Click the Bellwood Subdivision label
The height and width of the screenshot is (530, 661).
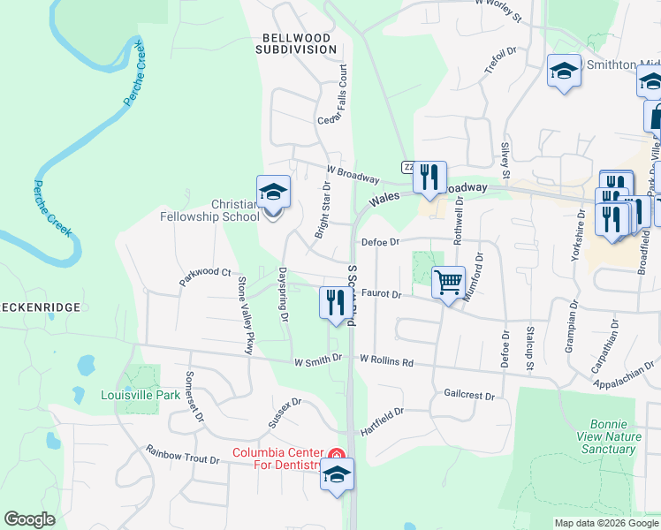coord(296,44)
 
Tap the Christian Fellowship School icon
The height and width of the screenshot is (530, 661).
coord(273,193)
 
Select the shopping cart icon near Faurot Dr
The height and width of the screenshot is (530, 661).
coord(449,284)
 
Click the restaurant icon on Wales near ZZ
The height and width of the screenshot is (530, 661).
coord(429,178)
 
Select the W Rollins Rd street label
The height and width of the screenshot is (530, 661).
coord(387,360)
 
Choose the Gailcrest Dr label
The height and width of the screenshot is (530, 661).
coord(469,395)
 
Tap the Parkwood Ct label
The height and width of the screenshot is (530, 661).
coord(204,277)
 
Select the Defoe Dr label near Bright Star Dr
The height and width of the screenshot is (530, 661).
coord(380,241)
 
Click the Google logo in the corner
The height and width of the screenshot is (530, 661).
coord(29,519)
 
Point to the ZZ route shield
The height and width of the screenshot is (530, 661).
coord(407,166)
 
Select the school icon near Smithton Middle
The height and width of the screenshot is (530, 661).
coord(564,72)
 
